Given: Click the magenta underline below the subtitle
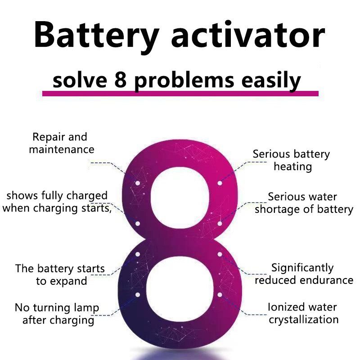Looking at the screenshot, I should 180,94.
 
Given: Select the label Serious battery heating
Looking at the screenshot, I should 292,160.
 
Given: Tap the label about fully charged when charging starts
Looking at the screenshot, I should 58,202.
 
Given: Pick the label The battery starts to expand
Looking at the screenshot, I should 60,275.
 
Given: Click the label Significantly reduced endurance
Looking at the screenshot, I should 304,274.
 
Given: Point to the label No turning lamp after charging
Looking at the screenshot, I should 58,314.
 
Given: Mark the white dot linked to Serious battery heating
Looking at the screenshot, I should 220,183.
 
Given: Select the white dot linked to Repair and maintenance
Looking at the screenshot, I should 138,183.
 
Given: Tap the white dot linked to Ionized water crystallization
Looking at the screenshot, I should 220,295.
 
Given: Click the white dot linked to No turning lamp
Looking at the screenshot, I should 138,294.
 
